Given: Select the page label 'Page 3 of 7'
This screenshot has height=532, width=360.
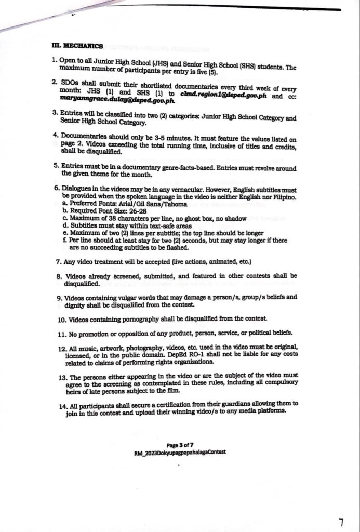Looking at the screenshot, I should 179,445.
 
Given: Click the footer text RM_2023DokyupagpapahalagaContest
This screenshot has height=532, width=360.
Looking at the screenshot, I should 180,453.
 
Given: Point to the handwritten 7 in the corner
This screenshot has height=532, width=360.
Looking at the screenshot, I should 341,521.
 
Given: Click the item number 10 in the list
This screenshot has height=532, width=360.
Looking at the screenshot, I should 61,318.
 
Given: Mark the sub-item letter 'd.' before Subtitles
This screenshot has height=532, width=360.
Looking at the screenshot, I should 65,226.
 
